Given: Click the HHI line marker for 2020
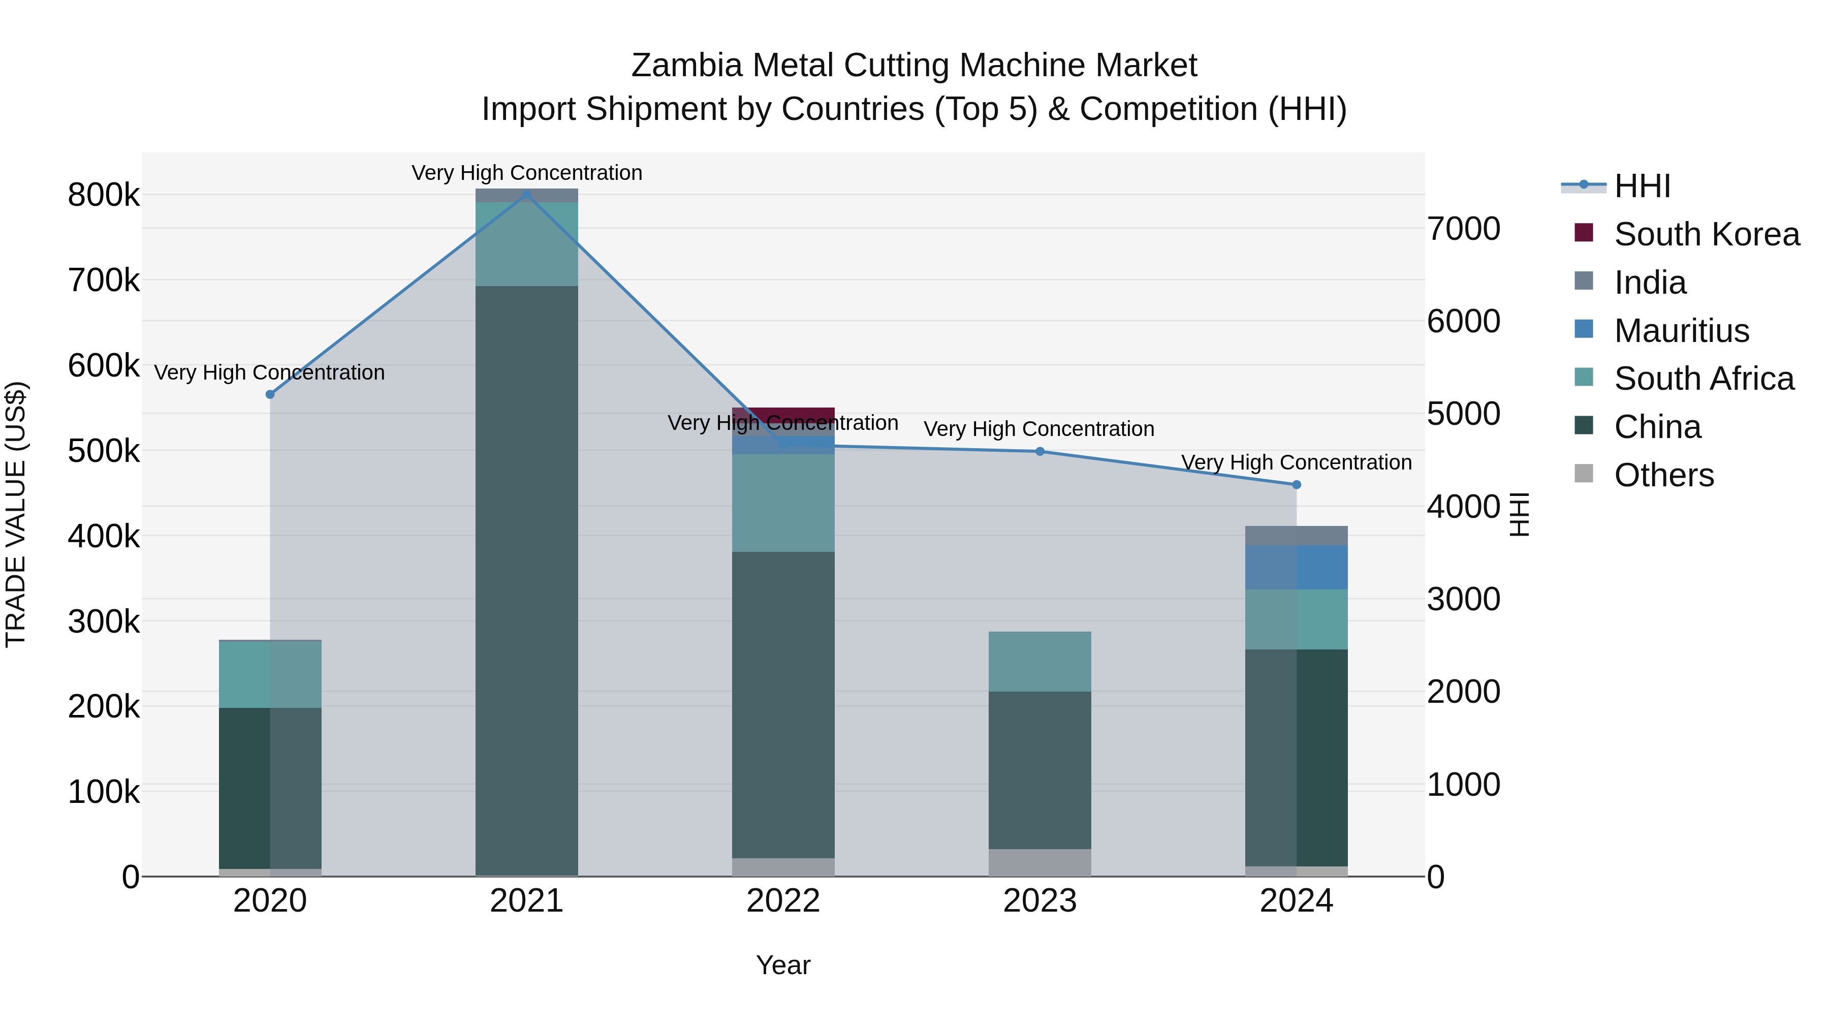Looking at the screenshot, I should (x=270, y=394).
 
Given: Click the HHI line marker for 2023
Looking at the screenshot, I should (x=1039, y=451).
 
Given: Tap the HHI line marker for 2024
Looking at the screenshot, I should (x=1297, y=484).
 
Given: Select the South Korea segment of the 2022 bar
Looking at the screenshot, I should (x=783, y=414).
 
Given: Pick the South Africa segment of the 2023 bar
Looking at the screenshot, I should (x=1039, y=661).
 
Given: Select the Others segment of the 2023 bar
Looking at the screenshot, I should (x=1039, y=862).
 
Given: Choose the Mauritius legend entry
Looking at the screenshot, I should (x=1681, y=331).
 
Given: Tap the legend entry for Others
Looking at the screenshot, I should (x=1663, y=475).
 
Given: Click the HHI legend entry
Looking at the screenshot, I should (x=1642, y=186).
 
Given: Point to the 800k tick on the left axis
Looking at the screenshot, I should (x=104, y=195).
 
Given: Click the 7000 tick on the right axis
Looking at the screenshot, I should (x=1463, y=229).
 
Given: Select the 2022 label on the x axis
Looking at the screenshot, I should (x=783, y=901).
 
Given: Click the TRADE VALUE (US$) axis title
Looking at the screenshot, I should (x=16, y=514).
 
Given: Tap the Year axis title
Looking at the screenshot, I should (x=783, y=965).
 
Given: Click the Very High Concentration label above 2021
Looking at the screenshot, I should (x=527, y=173).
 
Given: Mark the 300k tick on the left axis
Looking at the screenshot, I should (x=104, y=621).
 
